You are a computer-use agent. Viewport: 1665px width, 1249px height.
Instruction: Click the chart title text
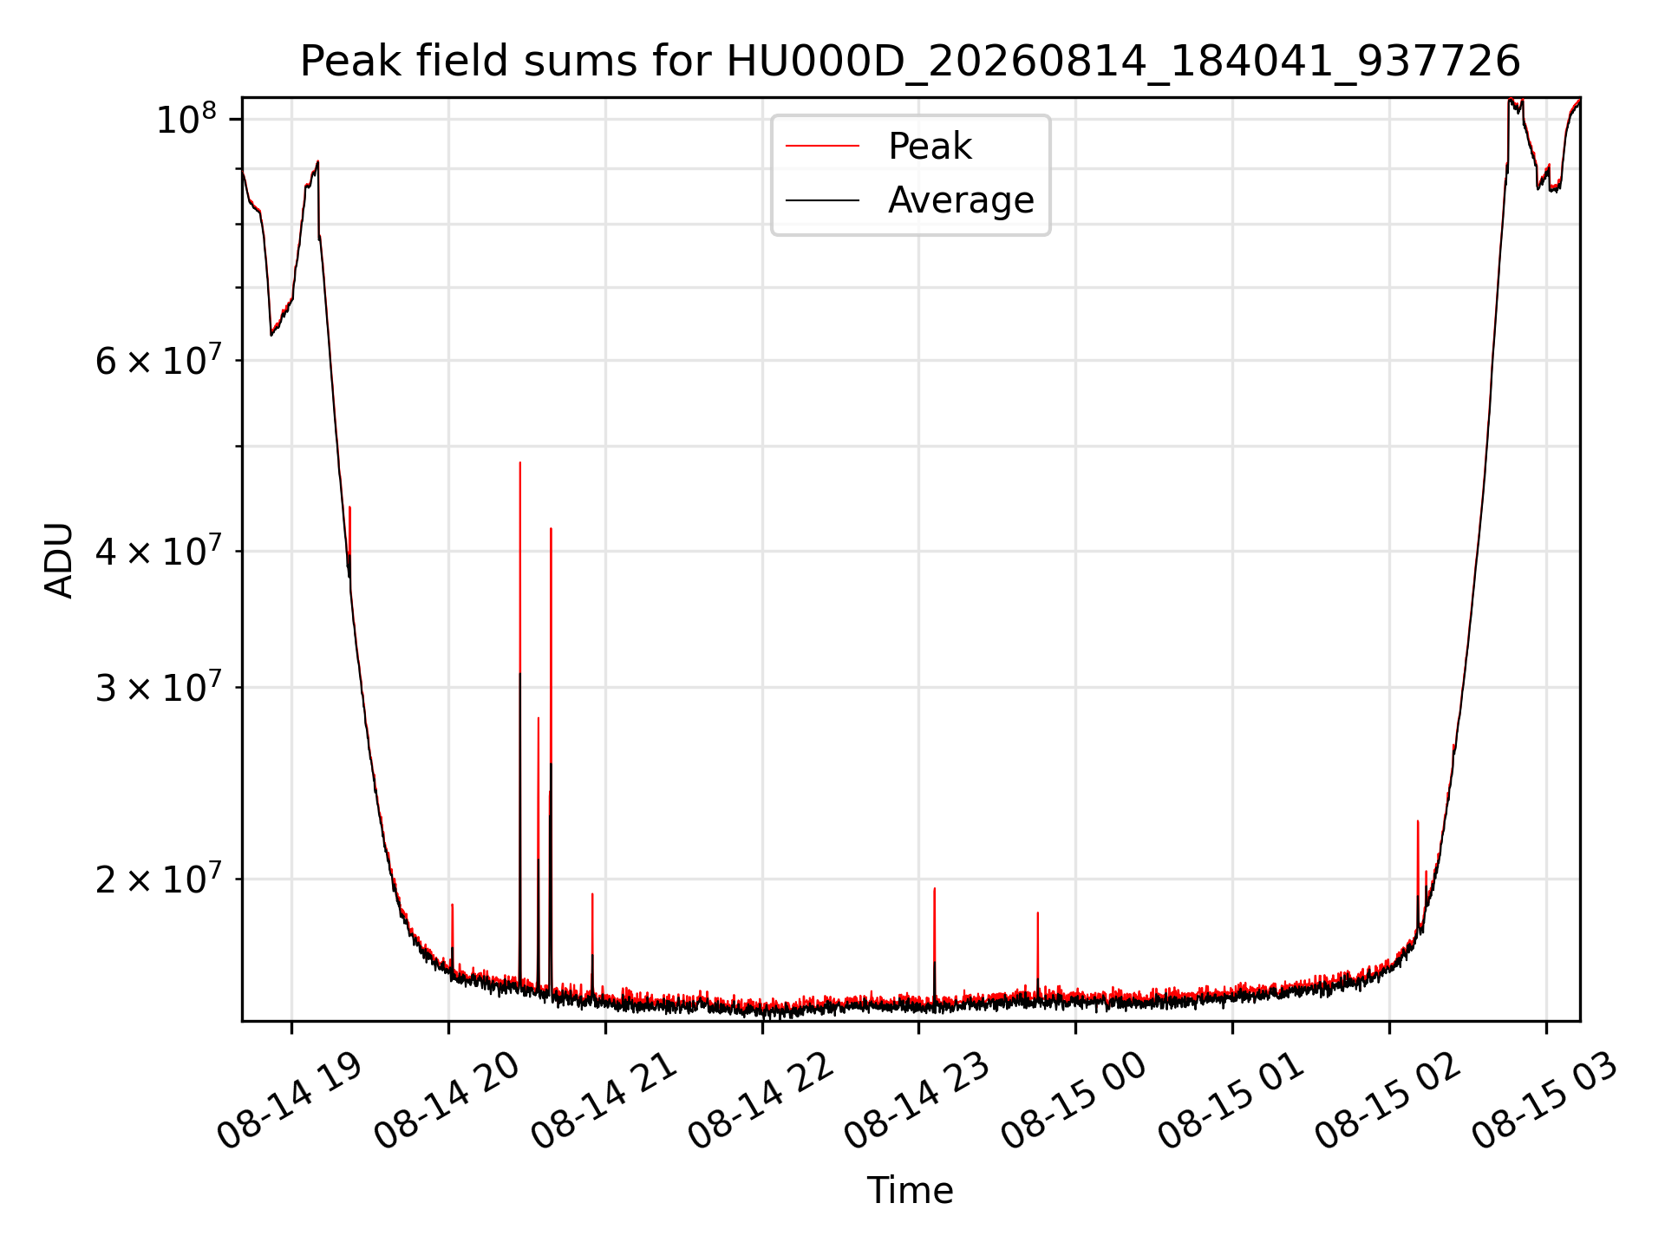[x=910, y=62]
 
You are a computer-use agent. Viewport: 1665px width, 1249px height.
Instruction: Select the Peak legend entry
[x=930, y=147]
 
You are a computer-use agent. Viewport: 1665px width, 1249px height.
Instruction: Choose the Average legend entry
[x=961, y=200]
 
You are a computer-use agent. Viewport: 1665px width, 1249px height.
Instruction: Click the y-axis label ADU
[x=59, y=559]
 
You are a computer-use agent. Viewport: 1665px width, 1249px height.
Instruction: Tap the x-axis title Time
[x=910, y=1190]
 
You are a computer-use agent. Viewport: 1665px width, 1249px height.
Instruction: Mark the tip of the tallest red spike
[x=519, y=462]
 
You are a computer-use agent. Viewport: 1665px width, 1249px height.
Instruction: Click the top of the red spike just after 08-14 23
[x=934, y=888]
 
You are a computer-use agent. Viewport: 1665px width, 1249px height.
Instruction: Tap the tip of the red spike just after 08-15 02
[x=1417, y=821]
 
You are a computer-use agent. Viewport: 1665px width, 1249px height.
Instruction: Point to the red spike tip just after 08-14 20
[x=452, y=905]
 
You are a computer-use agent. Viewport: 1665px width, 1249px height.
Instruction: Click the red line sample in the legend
[x=822, y=147]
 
